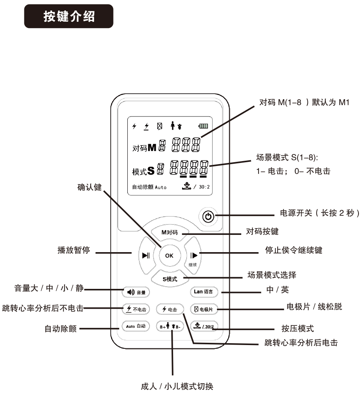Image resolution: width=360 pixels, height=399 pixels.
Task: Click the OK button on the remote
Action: click(x=170, y=256)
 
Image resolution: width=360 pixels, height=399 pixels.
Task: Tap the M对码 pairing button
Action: click(x=170, y=233)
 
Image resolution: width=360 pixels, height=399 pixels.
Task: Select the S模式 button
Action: click(x=170, y=279)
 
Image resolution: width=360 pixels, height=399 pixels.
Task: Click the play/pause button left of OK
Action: click(x=146, y=255)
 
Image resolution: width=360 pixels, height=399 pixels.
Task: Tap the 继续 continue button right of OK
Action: click(x=193, y=256)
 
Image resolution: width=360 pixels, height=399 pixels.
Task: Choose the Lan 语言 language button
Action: click(x=204, y=291)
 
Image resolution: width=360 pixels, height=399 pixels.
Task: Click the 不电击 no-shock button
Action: click(x=136, y=309)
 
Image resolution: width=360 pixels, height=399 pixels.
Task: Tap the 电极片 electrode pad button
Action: click(x=204, y=309)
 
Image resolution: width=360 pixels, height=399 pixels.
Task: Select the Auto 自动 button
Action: click(x=136, y=326)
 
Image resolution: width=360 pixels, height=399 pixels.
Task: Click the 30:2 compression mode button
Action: click(x=204, y=326)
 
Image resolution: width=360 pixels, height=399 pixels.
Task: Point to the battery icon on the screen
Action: click(x=203, y=126)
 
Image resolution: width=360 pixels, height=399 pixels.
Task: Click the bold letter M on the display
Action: click(x=152, y=147)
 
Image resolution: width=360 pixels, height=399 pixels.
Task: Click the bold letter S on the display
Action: click(x=151, y=170)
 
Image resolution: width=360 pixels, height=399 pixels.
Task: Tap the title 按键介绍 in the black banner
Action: click(x=69, y=16)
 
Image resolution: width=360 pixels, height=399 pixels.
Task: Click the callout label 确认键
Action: click(x=90, y=187)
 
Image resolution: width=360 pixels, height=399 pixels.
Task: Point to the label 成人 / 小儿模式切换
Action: click(x=177, y=386)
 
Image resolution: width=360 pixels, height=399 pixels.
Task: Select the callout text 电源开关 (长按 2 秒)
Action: click(x=320, y=213)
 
